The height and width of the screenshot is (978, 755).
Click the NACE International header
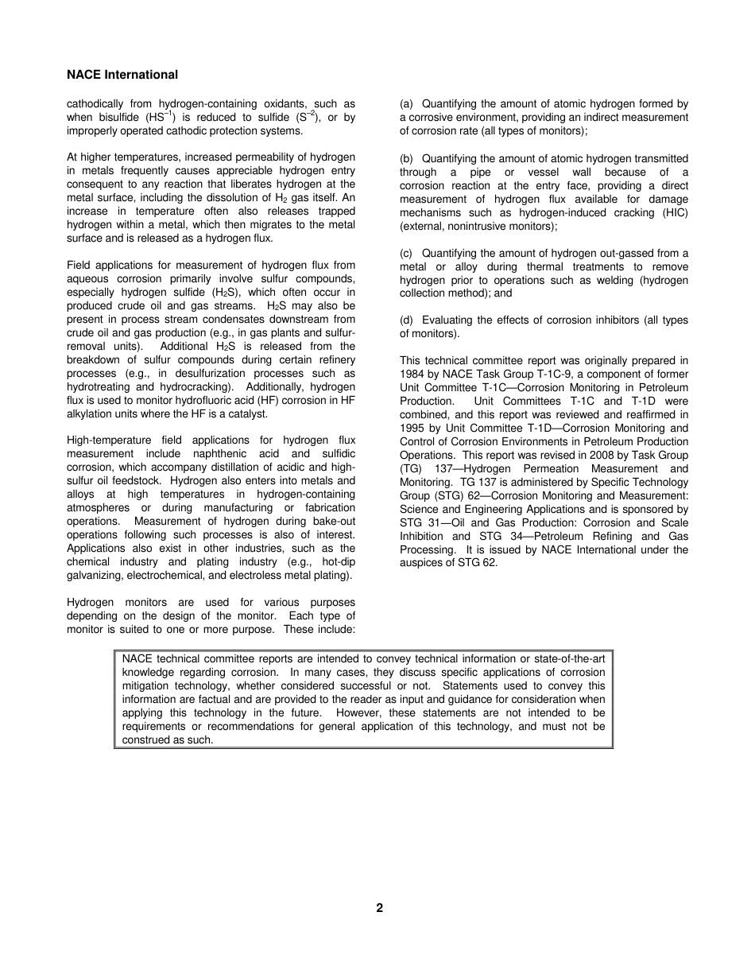pyautogui.click(x=122, y=75)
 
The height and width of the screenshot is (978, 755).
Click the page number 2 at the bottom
pyautogui.click(x=379, y=908)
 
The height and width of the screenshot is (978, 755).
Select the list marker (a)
pyautogui.click(x=407, y=104)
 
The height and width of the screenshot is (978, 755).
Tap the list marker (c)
pyautogui.click(x=407, y=254)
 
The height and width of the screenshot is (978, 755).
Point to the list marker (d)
pyautogui.click(x=407, y=320)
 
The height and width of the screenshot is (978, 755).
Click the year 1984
pyautogui.click(x=414, y=375)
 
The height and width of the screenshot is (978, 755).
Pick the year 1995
pyautogui.click(x=414, y=429)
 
